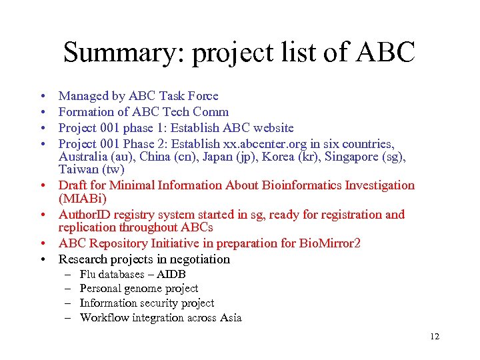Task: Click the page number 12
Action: (435, 337)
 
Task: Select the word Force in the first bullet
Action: (202, 97)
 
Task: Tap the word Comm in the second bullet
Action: (211, 112)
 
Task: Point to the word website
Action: (270, 127)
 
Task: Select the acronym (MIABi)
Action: (83, 199)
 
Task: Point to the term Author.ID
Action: (83, 215)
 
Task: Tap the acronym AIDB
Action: (171, 274)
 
